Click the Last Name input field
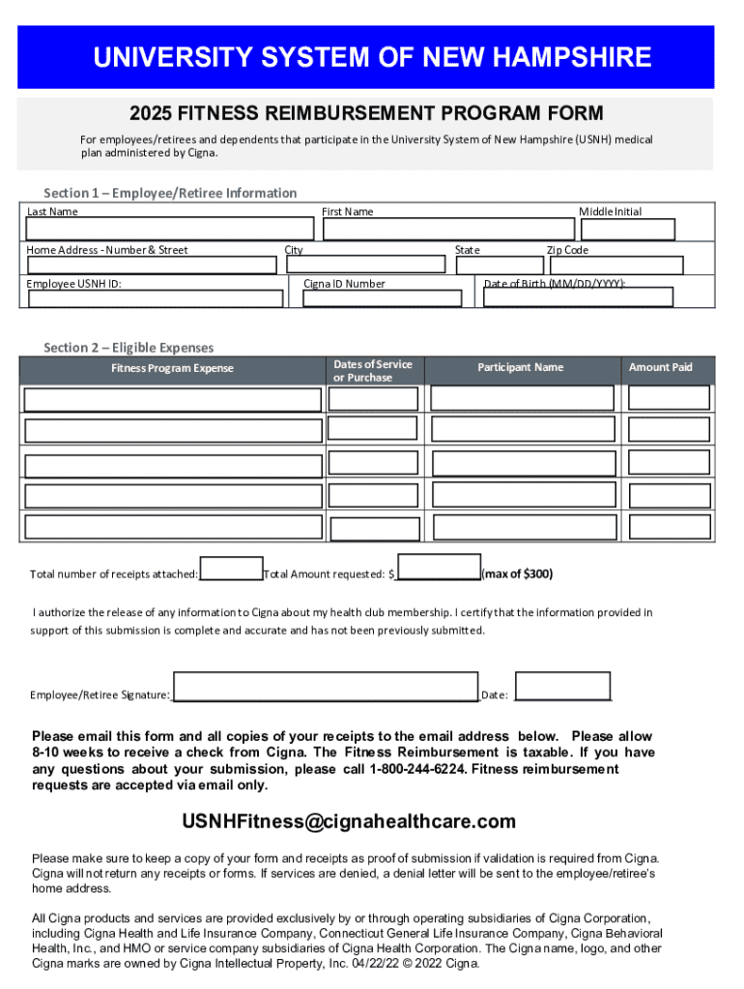coord(170,229)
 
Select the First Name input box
coord(448,229)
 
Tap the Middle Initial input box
coord(626,229)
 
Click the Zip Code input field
coord(615,266)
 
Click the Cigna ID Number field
coord(383,298)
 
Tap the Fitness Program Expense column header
coord(172,368)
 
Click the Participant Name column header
coord(520,368)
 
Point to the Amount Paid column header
coord(661,368)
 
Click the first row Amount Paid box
coord(669,398)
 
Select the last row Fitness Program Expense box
coord(173,527)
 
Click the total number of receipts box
coord(231,569)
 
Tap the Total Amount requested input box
coord(439,567)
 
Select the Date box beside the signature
coord(562,685)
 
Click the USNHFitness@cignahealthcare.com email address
coord(349,822)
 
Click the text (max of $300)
coord(518,575)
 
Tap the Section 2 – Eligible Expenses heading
coord(129,348)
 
